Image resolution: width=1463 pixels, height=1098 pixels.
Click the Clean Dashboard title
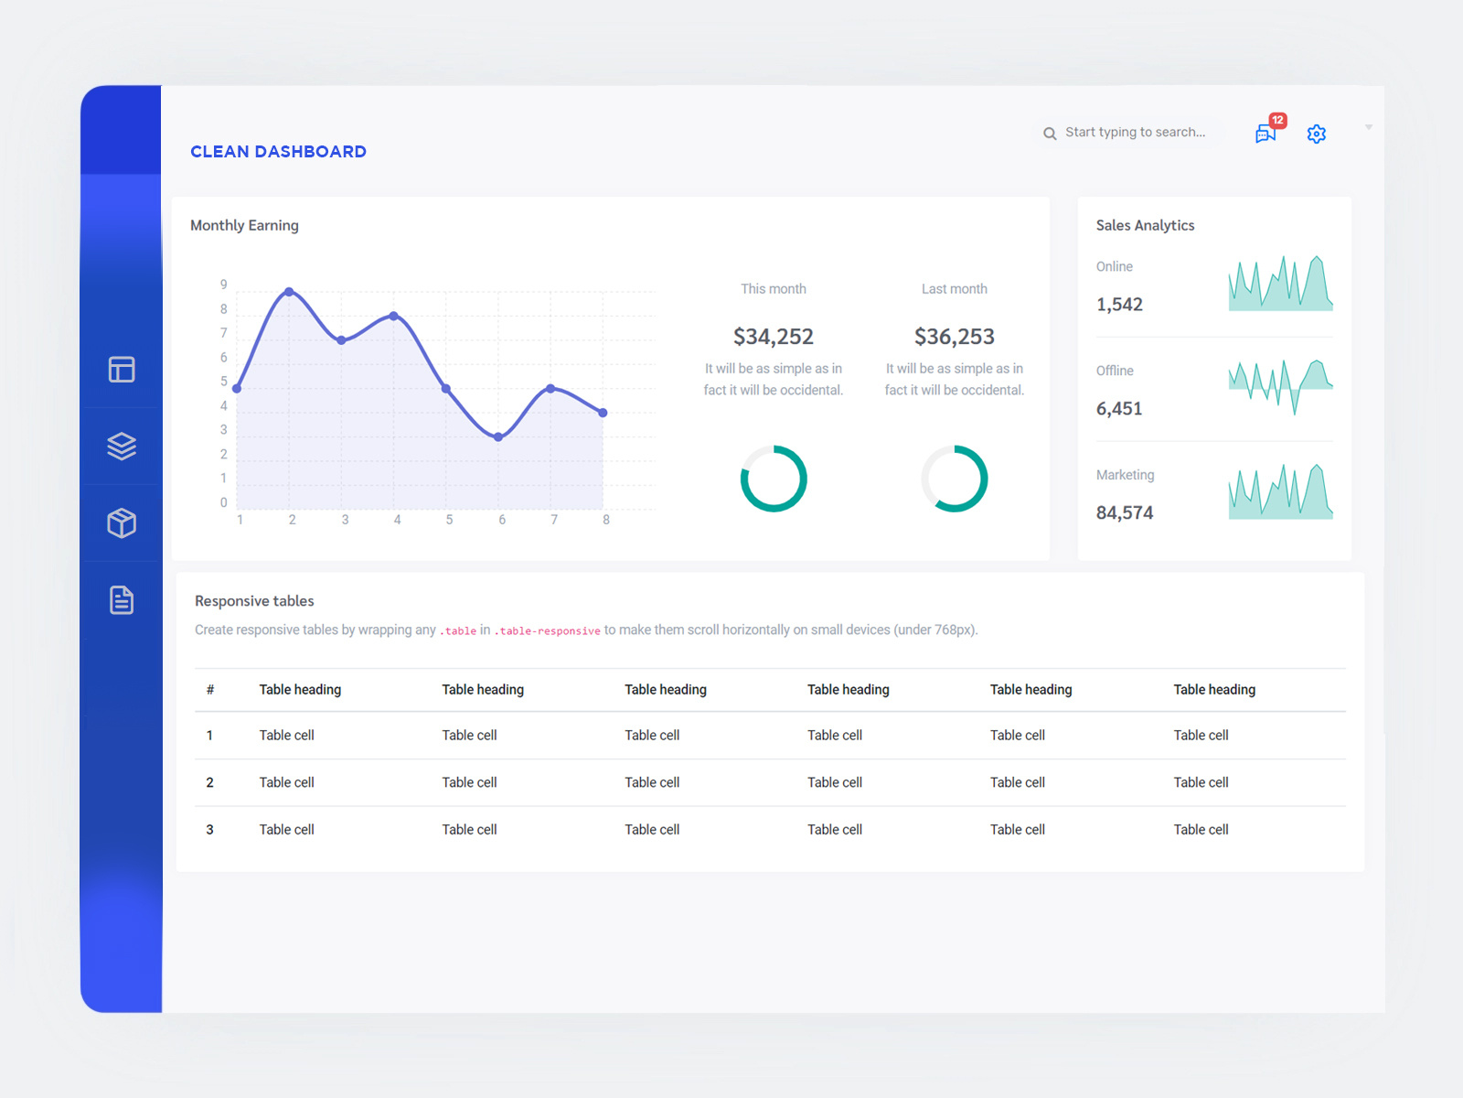point(278,152)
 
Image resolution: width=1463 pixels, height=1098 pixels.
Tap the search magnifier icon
point(1050,134)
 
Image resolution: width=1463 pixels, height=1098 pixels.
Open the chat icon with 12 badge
point(1266,133)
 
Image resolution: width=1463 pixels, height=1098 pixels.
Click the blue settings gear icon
point(1317,134)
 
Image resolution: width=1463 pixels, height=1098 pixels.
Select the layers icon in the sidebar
point(122,446)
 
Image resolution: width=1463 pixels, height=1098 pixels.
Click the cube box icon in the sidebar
point(122,522)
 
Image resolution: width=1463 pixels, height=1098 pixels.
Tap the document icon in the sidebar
point(122,600)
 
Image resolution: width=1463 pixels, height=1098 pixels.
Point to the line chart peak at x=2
point(289,292)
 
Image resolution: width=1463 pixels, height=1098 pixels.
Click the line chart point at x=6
point(498,437)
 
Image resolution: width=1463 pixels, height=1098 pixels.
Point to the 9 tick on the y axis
point(223,285)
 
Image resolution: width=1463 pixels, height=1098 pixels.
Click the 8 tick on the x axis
point(606,520)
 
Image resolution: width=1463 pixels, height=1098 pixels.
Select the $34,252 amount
point(773,337)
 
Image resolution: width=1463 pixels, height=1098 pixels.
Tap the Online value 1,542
point(1119,305)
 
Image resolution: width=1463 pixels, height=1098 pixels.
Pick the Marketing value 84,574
point(1125,513)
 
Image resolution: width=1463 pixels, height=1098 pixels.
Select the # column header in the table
point(210,690)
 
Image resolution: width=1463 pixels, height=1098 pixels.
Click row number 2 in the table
point(209,782)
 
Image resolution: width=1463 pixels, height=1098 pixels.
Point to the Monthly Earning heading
point(244,225)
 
